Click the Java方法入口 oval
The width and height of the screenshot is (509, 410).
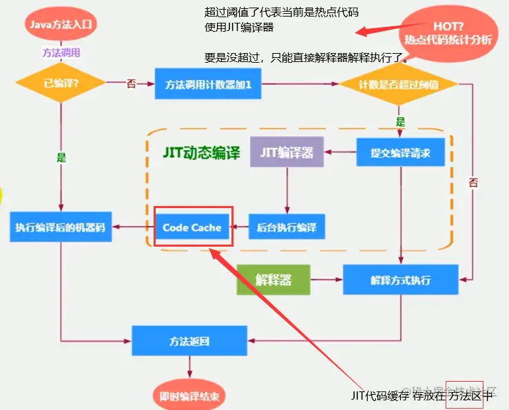point(61,24)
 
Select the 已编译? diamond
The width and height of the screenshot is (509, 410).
point(61,83)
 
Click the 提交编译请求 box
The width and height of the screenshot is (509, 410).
point(400,152)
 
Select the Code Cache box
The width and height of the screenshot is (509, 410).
point(192,227)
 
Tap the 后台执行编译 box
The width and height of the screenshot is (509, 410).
point(286,227)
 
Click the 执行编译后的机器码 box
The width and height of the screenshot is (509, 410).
point(61,227)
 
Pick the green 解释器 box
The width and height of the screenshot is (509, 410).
point(273,280)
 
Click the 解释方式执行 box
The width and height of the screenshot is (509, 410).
point(400,280)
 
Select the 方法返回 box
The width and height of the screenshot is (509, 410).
point(189,340)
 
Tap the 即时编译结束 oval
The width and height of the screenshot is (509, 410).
point(189,396)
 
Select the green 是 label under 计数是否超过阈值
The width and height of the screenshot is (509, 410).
point(400,121)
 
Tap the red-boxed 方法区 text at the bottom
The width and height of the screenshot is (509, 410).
point(463,395)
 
